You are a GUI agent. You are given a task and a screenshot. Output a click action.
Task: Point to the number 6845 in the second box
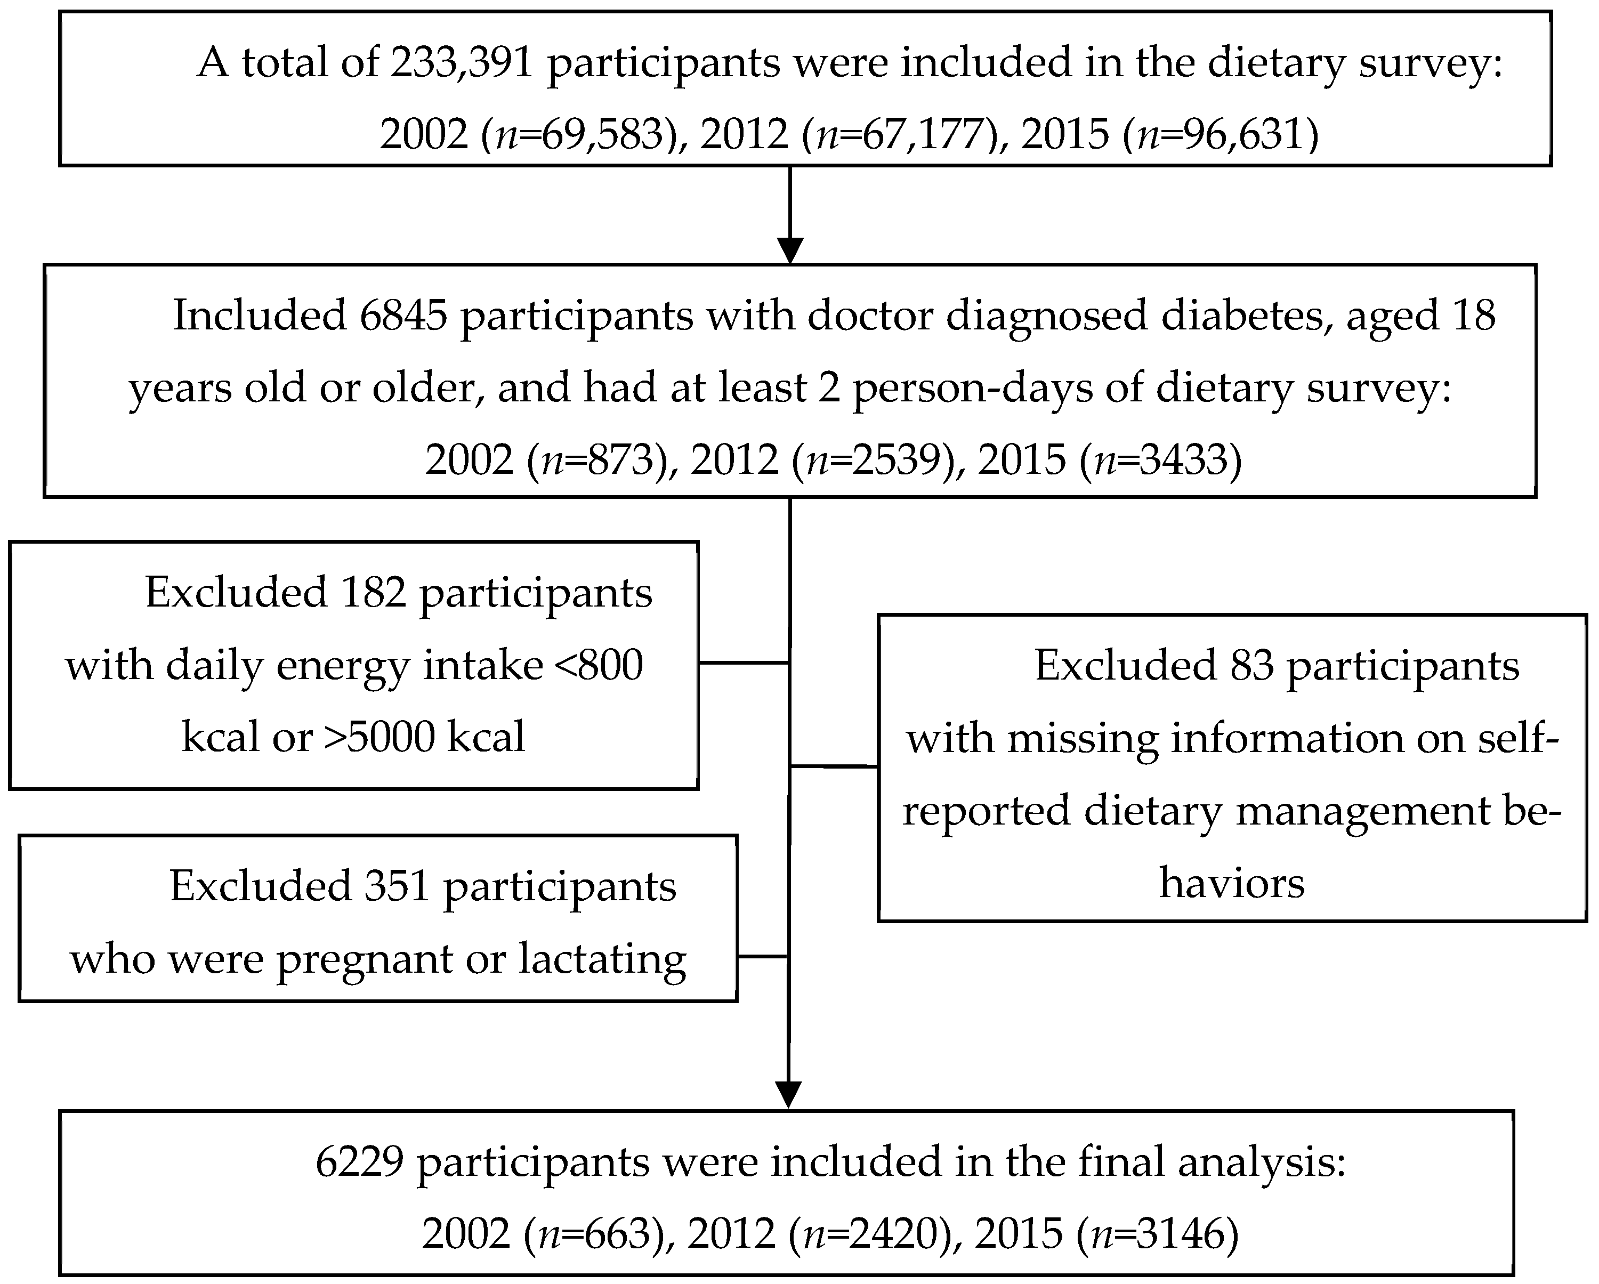403,315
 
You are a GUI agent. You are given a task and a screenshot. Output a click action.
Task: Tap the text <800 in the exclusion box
599,665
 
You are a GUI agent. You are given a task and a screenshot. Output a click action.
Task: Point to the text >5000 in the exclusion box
379,737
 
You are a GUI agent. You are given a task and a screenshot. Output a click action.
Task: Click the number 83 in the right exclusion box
1252,665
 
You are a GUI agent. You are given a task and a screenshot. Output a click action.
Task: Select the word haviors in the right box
1232,883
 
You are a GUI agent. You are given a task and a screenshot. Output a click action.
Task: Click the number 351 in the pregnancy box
398,886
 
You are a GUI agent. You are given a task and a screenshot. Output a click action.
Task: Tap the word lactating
602,959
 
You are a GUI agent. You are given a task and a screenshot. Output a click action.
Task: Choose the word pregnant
365,959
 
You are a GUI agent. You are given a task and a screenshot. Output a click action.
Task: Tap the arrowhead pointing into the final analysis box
788,1095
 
